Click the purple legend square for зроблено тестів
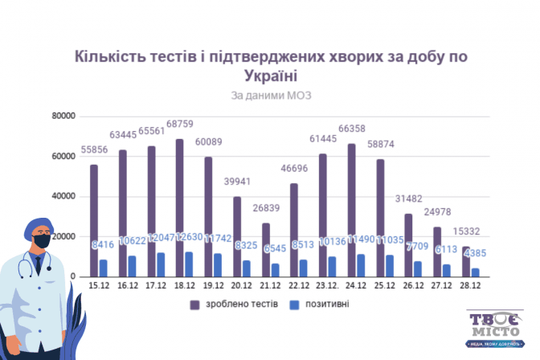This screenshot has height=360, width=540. [x=194, y=305]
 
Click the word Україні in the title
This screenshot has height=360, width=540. [x=269, y=76]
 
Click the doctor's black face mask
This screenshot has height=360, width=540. [x=42, y=240]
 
